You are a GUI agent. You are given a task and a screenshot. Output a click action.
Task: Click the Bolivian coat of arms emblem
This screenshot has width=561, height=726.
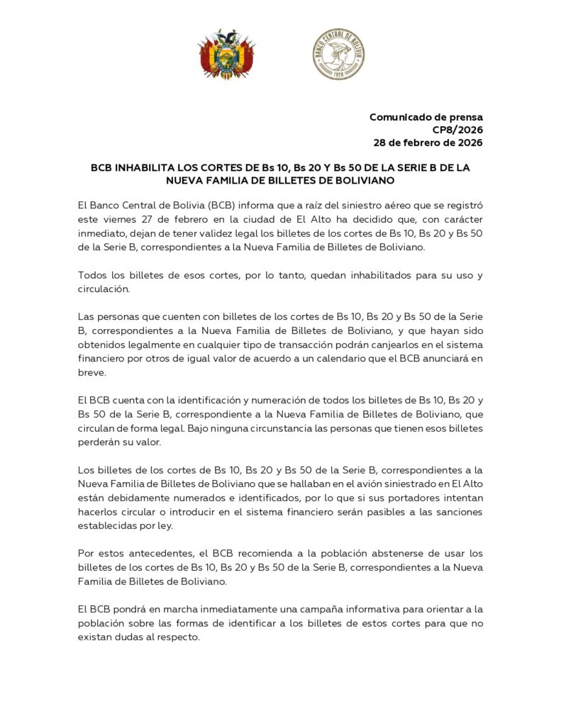pyautogui.click(x=226, y=54)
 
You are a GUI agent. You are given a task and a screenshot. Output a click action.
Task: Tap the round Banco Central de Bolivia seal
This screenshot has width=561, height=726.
pyautogui.click(x=338, y=54)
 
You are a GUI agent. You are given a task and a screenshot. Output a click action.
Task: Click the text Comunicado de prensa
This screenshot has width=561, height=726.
pyautogui.click(x=426, y=117)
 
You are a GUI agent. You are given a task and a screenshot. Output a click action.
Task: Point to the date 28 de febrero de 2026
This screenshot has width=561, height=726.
pyautogui.click(x=428, y=143)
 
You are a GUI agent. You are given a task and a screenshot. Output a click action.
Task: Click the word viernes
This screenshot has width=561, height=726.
pyautogui.click(x=122, y=219)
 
